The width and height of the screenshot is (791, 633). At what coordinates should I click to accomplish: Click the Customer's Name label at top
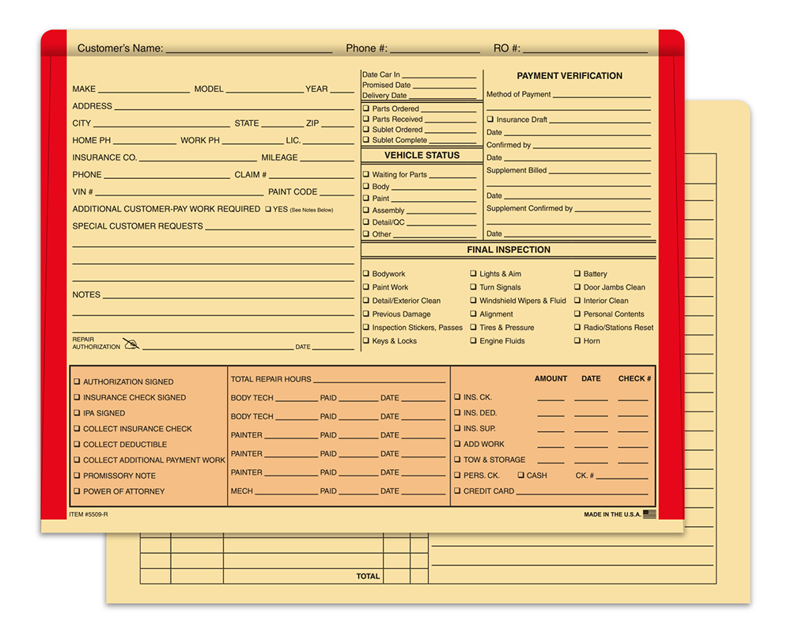120,48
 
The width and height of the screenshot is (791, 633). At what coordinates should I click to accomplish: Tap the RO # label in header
507,48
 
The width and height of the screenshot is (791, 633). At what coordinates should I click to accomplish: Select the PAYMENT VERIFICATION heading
570,76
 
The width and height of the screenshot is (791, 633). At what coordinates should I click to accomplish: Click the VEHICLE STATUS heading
422,156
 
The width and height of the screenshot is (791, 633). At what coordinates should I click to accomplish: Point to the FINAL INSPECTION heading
509,250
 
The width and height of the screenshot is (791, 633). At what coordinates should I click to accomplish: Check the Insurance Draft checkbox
490,119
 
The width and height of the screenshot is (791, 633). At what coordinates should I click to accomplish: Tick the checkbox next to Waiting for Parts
366,175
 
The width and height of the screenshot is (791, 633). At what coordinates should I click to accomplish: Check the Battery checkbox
577,274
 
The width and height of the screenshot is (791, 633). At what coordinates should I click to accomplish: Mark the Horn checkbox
577,341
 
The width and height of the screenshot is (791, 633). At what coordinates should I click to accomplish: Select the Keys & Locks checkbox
366,341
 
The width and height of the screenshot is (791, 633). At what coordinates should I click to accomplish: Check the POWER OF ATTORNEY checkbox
77,491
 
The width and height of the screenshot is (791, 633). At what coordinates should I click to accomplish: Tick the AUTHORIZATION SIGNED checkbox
77,381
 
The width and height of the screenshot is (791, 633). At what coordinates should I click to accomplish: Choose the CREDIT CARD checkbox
457,491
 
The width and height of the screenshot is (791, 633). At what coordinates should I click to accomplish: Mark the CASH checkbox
520,476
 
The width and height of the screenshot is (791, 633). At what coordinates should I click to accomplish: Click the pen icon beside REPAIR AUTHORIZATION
131,344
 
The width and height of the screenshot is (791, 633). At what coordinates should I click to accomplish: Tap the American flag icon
649,514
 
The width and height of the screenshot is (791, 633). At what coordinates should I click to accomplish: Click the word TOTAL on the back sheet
368,577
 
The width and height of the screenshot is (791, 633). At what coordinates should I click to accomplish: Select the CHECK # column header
634,379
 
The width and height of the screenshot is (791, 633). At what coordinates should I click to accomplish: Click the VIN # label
83,192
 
